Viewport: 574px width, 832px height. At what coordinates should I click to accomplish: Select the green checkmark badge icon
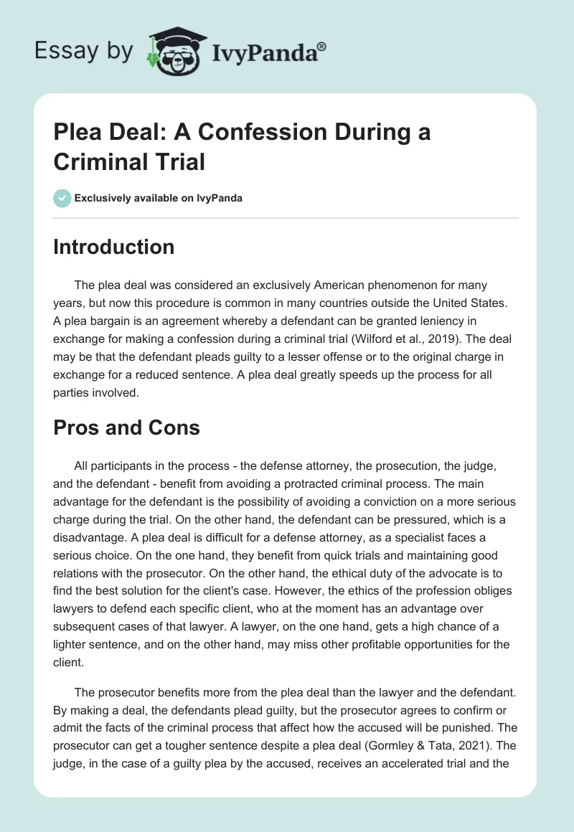[62, 198]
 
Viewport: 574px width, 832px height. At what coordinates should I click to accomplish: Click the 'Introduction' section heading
[113, 247]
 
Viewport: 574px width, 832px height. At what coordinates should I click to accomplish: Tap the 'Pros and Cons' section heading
[126, 427]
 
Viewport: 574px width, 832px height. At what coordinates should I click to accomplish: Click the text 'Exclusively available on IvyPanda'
[159, 198]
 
